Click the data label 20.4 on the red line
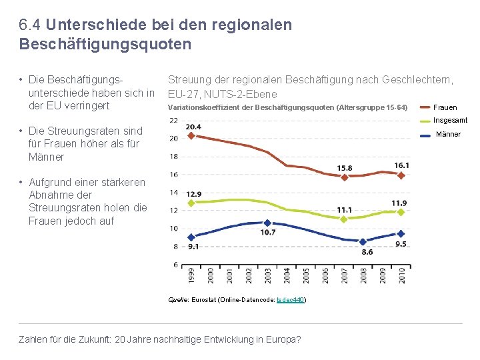point(193,127)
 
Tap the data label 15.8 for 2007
point(345,167)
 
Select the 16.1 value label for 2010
point(401,165)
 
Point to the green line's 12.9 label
point(193,194)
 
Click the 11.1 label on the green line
point(345,210)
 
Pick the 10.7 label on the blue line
point(267,232)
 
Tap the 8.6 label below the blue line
point(367,251)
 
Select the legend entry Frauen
point(445,107)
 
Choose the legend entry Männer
point(448,135)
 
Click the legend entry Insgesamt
point(450,121)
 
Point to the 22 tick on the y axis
point(173,120)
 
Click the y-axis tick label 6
point(175,265)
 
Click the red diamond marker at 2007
point(344,177)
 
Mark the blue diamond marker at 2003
point(267,223)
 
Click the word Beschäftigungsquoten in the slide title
point(105,45)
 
